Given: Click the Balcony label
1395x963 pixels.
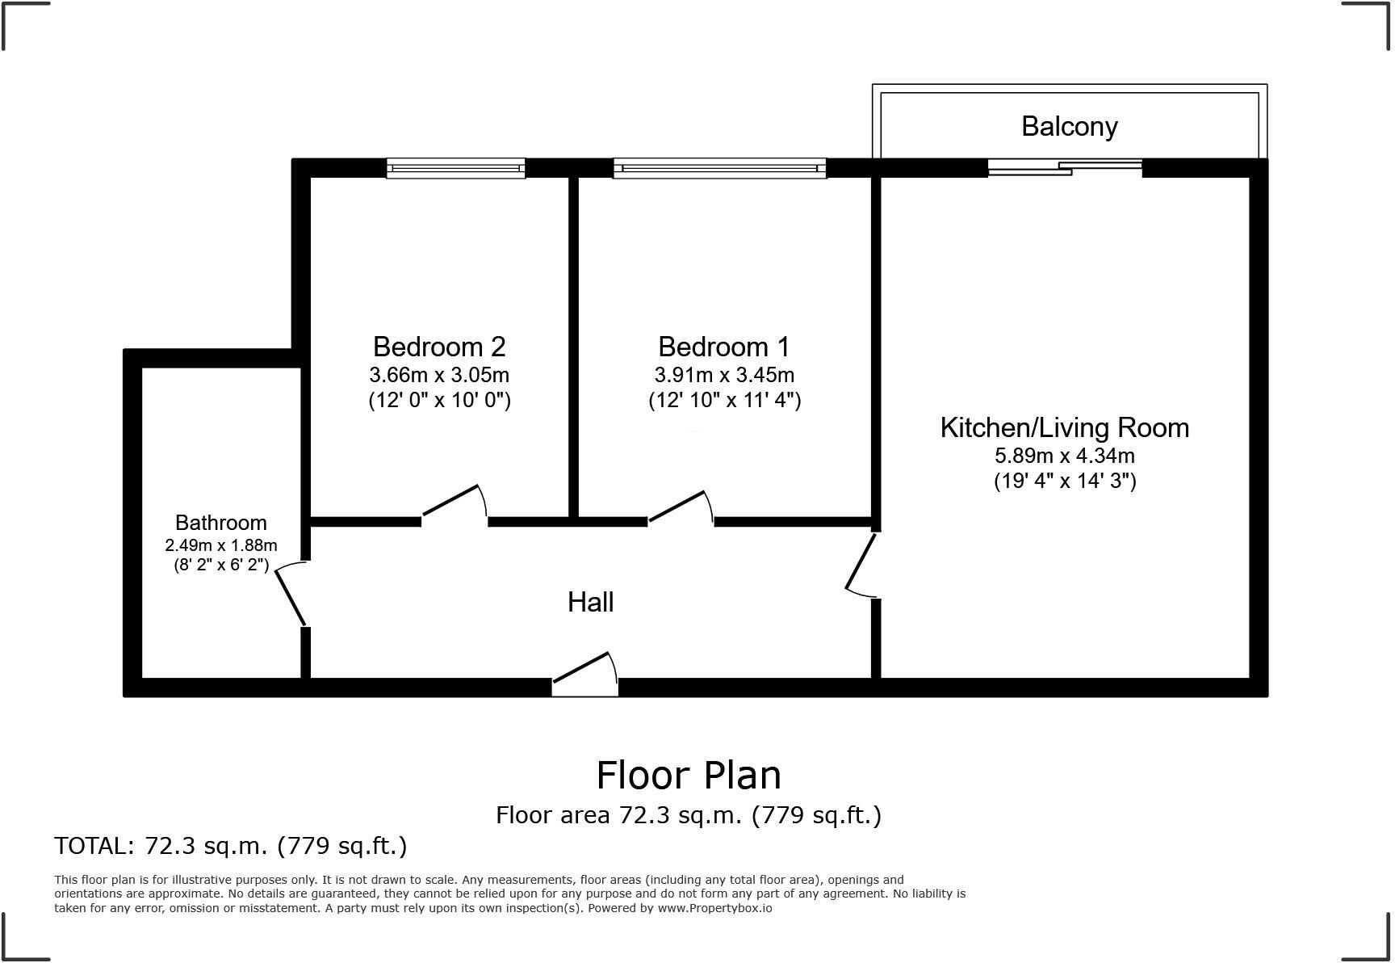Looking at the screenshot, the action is click(x=1069, y=127).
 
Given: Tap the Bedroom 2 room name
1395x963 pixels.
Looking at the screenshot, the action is click(x=439, y=347).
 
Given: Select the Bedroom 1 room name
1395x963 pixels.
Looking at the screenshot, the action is click(x=724, y=347).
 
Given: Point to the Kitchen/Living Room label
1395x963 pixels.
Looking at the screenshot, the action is click(x=1065, y=427).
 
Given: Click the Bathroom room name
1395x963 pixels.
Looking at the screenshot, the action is click(x=221, y=523).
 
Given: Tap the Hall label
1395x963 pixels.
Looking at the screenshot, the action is click(x=590, y=602).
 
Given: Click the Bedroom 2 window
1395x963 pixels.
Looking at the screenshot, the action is click(x=456, y=168).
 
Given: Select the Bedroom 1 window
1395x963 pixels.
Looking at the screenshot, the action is click(x=720, y=168).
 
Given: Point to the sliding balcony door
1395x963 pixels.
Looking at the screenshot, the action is click(x=1065, y=168).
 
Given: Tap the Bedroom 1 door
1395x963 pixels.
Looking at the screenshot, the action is click(x=681, y=507).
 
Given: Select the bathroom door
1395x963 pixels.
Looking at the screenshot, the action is click(x=291, y=594).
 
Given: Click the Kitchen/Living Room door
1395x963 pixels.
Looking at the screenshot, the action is click(x=861, y=565).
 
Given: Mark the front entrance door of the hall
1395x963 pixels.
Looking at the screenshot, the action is click(x=585, y=674).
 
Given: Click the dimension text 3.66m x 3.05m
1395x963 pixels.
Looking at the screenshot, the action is click(x=439, y=375).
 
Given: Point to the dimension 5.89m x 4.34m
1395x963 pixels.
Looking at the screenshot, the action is click(x=1065, y=456).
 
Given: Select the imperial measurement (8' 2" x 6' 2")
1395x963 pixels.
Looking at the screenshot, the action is click(x=221, y=565).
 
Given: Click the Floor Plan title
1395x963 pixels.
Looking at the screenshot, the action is click(x=689, y=776).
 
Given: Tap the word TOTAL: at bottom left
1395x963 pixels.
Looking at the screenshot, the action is click(x=94, y=846).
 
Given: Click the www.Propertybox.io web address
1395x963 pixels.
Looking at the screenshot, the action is click(x=714, y=908).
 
